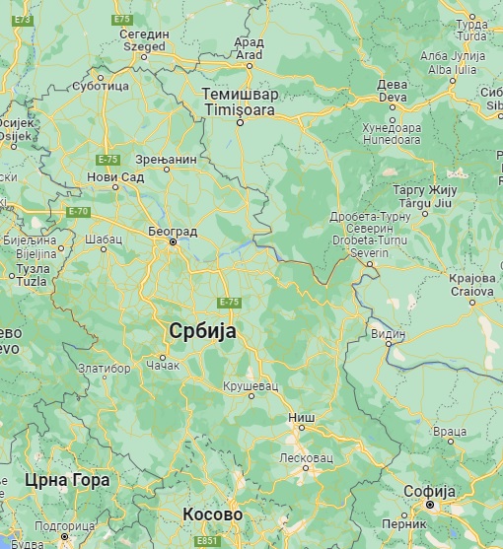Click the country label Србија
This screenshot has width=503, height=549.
[202, 331]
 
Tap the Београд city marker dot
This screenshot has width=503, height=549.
[173, 241]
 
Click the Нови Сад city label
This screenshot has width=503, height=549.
[116, 176]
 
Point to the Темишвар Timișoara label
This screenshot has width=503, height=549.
[240, 103]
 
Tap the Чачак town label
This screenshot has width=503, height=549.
[164, 367]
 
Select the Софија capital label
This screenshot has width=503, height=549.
[429, 491]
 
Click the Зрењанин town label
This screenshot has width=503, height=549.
[167, 158]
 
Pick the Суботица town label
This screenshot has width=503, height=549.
[101, 86]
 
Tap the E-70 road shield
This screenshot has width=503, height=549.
[78, 211]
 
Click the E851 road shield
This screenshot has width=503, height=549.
[207, 541]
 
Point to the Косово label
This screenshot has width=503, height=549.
[212, 515]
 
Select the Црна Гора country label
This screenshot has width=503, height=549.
[67, 480]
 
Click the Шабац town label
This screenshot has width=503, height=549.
[105, 238]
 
